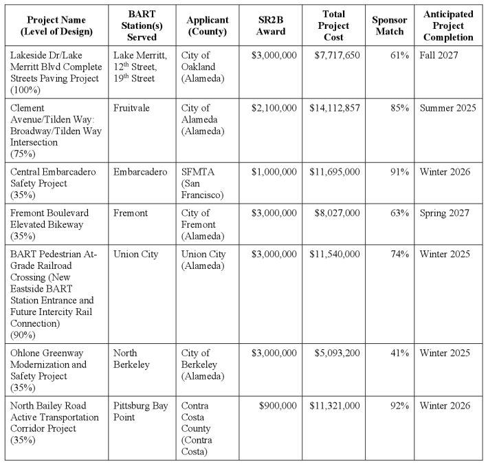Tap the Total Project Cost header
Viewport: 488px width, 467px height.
coord(333,26)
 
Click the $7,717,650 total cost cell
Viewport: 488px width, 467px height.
coord(334,55)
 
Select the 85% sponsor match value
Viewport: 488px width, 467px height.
coord(399,108)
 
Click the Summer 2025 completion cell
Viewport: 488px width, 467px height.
coord(447,108)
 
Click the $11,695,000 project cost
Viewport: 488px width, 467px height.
coord(334,172)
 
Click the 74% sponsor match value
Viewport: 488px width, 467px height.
coord(399,254)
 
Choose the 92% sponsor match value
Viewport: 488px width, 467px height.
coord(399,406)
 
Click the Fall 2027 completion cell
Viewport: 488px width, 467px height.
coord(439,55)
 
